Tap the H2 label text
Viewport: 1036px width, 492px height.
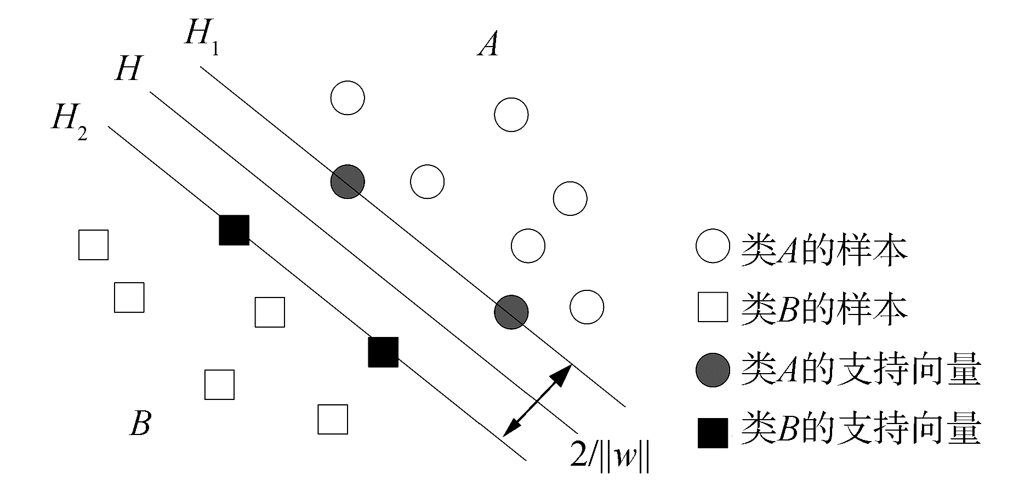[69, 121]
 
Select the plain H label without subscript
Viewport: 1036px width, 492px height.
[128, 70]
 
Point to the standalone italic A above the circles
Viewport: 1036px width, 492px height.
[487, 44]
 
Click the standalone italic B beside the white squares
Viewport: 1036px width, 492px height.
[140, 423]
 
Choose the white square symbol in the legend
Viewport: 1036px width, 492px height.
[713, 307]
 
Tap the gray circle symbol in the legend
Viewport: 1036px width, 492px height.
[713, 370]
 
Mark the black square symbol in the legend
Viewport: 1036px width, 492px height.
[713, 432]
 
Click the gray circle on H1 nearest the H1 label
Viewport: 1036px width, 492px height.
[348, 181]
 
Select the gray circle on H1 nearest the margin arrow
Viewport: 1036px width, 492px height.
[511, 312]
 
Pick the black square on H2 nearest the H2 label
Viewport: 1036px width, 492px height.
[234, 230]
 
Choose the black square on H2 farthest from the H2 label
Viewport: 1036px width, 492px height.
[383, 352]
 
